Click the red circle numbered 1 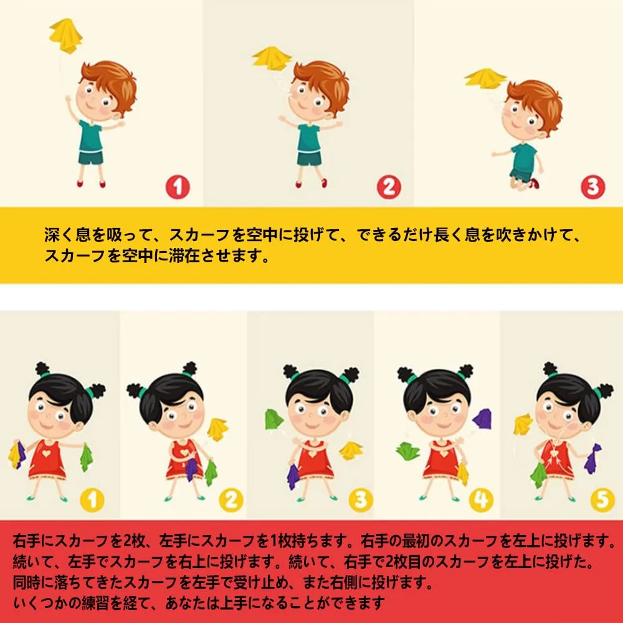tap(178, 187)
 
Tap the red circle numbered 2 tap(389, 187)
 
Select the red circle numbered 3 tap(593, 187)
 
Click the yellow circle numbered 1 tap(92, 500)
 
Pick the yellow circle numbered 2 tap(231, 500)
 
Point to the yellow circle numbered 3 tap(361, 500)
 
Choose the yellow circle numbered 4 tap(481, 500)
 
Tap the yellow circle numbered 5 tap(602, 500)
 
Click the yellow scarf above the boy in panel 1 tap(65, 36)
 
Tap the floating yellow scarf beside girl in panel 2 tap(217, 429)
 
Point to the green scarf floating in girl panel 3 tap(273, 419)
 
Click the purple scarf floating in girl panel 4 tap(482, 419)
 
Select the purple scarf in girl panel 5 tap(593, 459)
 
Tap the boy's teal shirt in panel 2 tap(309, 137)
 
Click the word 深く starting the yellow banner tap(60, 235)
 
